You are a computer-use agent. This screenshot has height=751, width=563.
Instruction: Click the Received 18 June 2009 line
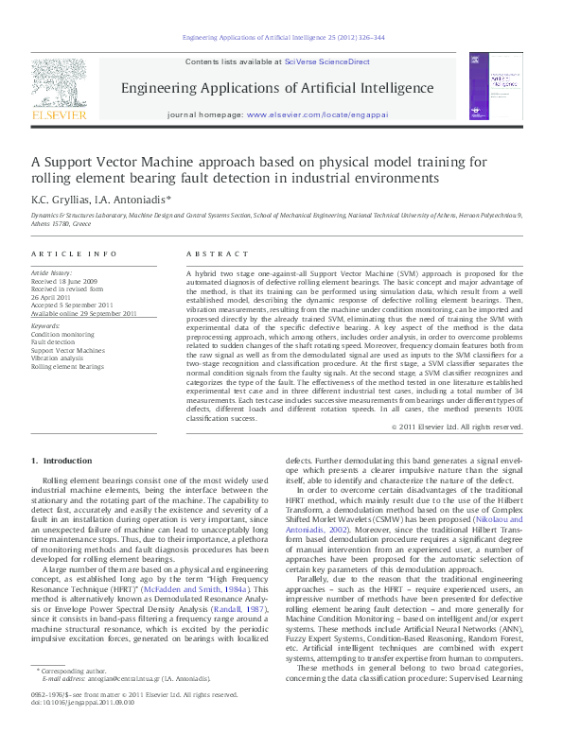[64, 281]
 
